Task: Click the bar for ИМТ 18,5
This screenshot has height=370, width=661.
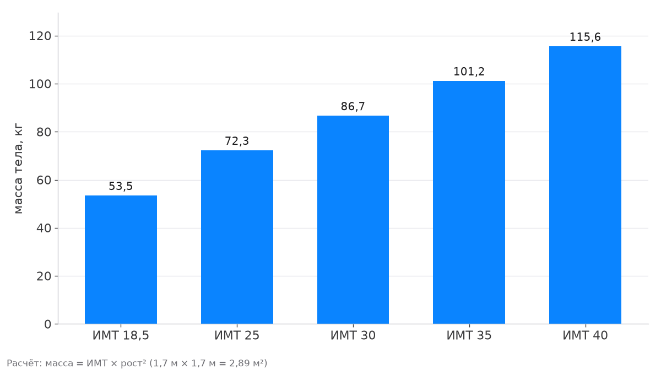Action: coord(121,260)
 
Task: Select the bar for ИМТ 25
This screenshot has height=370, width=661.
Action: coord(237,237)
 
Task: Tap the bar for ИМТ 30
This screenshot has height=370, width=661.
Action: coord(353,220)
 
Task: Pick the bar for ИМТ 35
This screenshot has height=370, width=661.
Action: coord(469,203)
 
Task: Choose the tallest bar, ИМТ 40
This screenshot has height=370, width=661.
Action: coord(585,185)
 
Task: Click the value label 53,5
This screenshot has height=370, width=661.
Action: coord(121,186)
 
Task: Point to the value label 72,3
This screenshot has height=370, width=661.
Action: coord(237,141)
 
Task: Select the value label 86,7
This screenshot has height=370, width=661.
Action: coord(353,106)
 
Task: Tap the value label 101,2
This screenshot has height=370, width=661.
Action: coord(469,72)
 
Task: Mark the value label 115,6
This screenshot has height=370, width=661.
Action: coord(585,37)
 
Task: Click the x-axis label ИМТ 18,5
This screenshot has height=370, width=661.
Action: coord(121,336)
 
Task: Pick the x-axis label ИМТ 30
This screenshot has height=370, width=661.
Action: coord(353,335)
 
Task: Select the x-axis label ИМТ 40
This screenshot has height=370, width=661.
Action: coord(585,335)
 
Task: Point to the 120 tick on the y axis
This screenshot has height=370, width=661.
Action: coord(40,36)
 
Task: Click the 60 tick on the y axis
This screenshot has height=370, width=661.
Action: coord(44,180)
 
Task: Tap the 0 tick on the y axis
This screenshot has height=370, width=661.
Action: coord(48,324)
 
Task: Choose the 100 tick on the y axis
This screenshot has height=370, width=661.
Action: coord(40,84)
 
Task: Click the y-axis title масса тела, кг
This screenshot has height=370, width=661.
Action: coord(18,168)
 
